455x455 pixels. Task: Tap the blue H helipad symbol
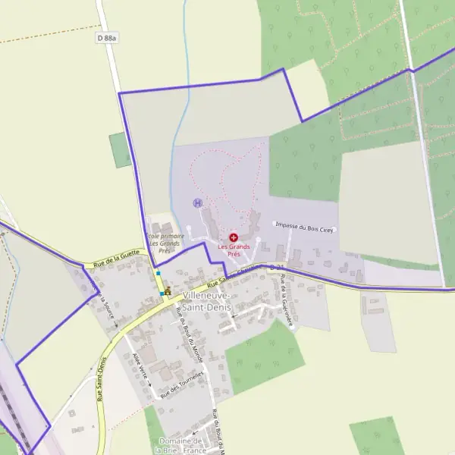pyautogui.click(x=198, y=203)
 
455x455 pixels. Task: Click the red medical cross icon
pyautogui.click(x=234, y=237)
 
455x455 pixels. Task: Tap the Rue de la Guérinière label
pyautogui.click(x=287, y=301)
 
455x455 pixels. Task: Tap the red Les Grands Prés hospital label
pyautogui.click(x=234, y=249)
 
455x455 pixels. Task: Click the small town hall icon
pyautogui.click(x=168, y=290)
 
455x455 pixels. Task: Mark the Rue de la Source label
pyautogui.click(x=105, y=307)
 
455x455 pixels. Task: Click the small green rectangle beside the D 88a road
pyautogui.click(x=120, y=149)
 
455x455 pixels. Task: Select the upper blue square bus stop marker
pyautogui.click(x=158, y=273)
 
